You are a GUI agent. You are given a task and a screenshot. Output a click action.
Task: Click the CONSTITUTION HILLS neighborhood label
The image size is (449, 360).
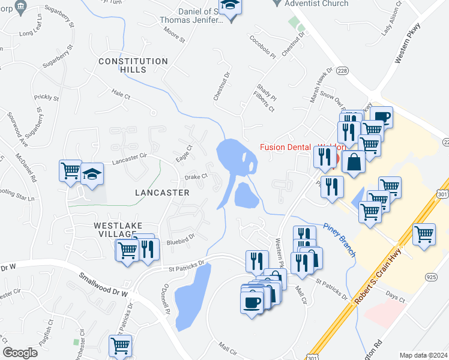[133, 66]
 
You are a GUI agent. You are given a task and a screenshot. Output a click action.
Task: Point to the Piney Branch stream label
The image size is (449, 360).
[340, 237]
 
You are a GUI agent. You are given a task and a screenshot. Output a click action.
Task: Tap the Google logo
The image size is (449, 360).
[20, 353]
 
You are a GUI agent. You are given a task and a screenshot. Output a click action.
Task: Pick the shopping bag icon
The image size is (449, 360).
[354, 161]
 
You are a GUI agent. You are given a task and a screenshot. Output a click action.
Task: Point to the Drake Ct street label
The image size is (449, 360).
[196, 176]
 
